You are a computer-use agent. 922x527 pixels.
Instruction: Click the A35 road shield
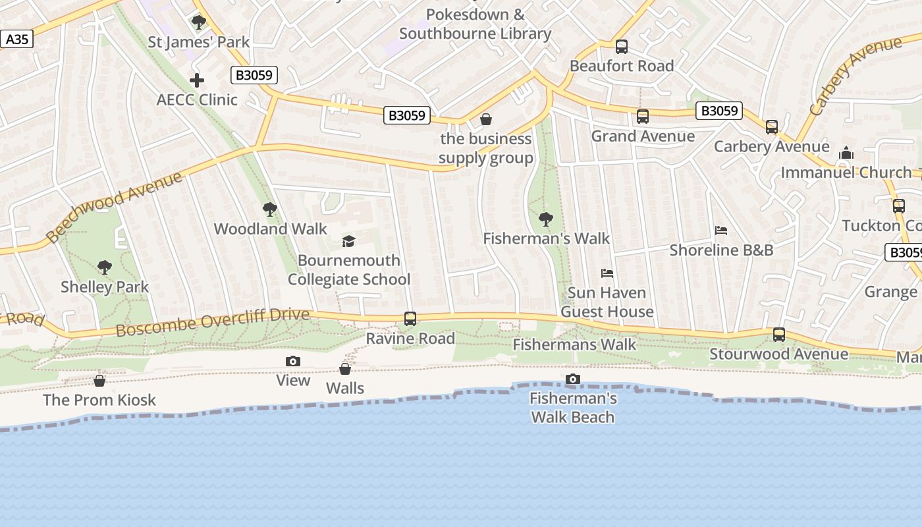tap(16, 40)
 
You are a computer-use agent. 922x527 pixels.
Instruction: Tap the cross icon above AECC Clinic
tap(197, 80)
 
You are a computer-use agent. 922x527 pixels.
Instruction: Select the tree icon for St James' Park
tap(198, 22)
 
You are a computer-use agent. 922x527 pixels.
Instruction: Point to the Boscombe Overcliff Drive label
tap(212, 322)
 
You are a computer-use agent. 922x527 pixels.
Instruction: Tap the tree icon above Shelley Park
tap(104, 267)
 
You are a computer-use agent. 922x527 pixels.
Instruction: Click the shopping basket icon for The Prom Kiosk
tap(99, 381)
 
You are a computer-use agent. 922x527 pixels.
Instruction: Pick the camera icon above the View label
tap(293, 361)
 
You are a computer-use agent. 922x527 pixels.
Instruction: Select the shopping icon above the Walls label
tap(344, 369)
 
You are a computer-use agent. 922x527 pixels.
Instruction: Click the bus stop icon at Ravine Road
tap(410, 319)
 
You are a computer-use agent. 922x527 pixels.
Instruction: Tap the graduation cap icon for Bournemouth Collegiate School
tap(348, 241)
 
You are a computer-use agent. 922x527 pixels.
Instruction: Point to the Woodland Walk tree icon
tap(269, 209)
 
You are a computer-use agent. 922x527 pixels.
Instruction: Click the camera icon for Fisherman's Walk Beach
tap(573, 379)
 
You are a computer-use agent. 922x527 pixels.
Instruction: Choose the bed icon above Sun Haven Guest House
tap(607, 273)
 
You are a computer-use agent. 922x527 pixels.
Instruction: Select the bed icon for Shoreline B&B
tap(721, 231)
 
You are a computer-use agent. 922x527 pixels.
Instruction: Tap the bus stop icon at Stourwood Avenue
tap(779, 335)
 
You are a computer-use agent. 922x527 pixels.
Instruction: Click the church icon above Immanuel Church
tap(846, 153)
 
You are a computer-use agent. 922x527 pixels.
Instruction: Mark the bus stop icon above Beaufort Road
tap(621, 47)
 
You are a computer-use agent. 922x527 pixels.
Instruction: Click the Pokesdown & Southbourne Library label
tap(475, 24)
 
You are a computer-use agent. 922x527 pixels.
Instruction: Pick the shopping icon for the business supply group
tap(486, 119)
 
